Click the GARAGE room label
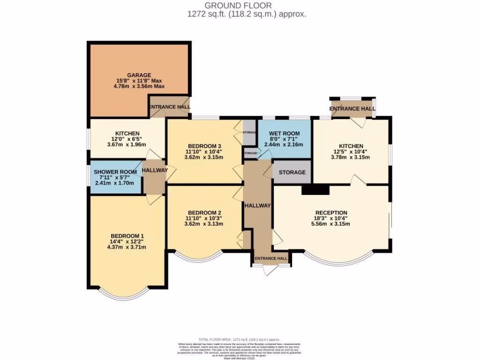(x=139, y=75)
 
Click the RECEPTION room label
(x=331, y=212)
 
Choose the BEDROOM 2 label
(x=204, y=212)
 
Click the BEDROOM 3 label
(x=204, y=145)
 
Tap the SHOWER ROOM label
(x=115, y=172)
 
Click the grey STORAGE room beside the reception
(x=292, y=172)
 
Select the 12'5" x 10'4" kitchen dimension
(x=351, y=151)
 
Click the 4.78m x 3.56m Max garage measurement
(x=139, y=86)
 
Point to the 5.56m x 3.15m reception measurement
(x=331, y=224)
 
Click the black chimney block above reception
(x=315, y=189)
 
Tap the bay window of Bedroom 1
(x=127, y=293)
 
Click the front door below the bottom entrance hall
(x=270, y=270)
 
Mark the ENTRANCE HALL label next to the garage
(x=170, y=107)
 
